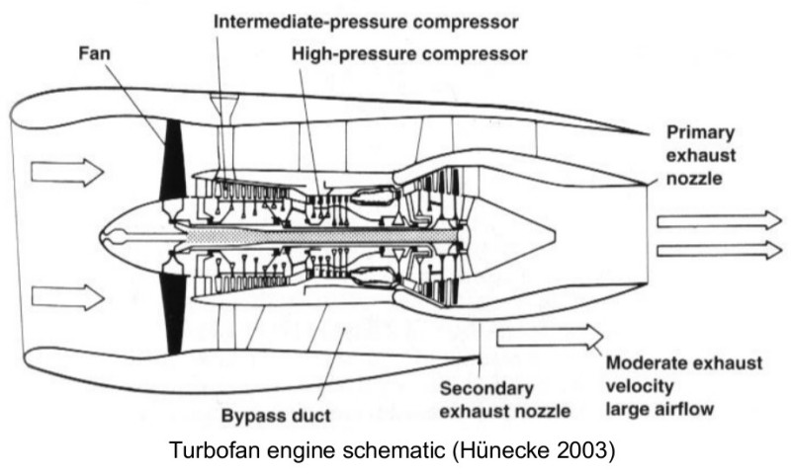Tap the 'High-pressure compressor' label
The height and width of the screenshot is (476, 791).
click(x=409, y=53)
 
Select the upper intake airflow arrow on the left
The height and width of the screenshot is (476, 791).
click(x=66, y=172)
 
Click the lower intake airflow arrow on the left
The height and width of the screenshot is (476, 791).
click(x=66, y=296)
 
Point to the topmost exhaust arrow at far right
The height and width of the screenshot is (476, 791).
click(x=718, y=219)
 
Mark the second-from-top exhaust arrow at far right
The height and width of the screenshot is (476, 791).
click(x=718, y=249)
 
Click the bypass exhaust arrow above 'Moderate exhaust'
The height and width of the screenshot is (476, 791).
click(x=550, y=337)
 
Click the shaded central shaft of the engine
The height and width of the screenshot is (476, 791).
click(x=326, y=237)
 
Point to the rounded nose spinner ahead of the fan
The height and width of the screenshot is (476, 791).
click(x=124, y=236)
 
